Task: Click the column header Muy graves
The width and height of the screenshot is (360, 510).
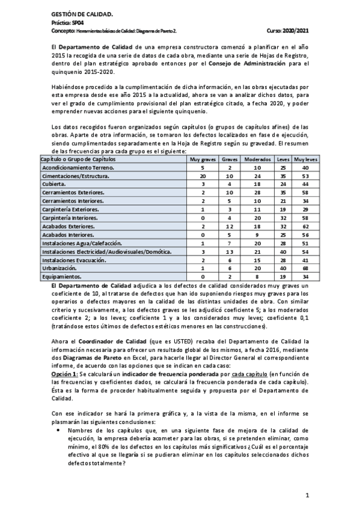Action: coord(203,159)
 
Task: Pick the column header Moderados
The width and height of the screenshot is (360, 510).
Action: coord(257,159)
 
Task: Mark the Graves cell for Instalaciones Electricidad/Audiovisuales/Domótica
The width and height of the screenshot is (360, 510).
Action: coord(230,251)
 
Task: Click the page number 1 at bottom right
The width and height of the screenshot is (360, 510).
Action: coord(307,495)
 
